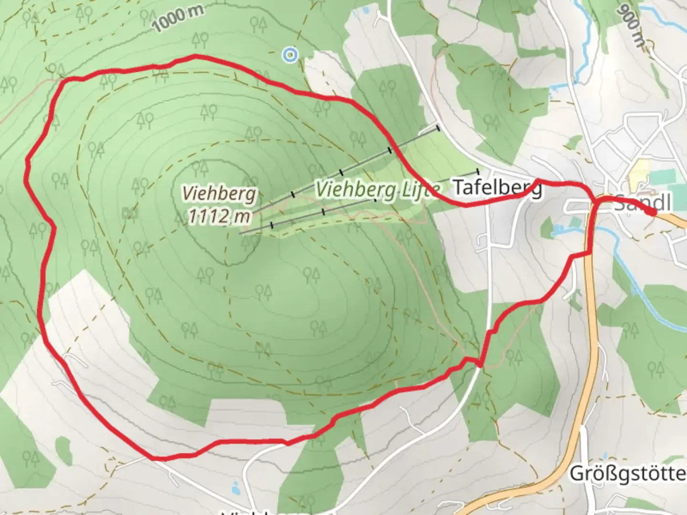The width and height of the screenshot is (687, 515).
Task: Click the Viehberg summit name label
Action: pos(219,194)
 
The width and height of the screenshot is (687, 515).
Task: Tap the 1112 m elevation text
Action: pos(219,216)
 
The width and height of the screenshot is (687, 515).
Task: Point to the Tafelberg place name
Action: pos(497,188)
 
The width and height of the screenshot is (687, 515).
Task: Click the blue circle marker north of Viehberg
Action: pos(290,55)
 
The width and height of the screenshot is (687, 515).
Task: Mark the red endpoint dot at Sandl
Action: pos(651,212)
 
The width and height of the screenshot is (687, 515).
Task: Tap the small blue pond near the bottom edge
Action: pos(235,488)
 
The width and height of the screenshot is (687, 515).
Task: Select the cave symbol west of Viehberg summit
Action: pos(128,213)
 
